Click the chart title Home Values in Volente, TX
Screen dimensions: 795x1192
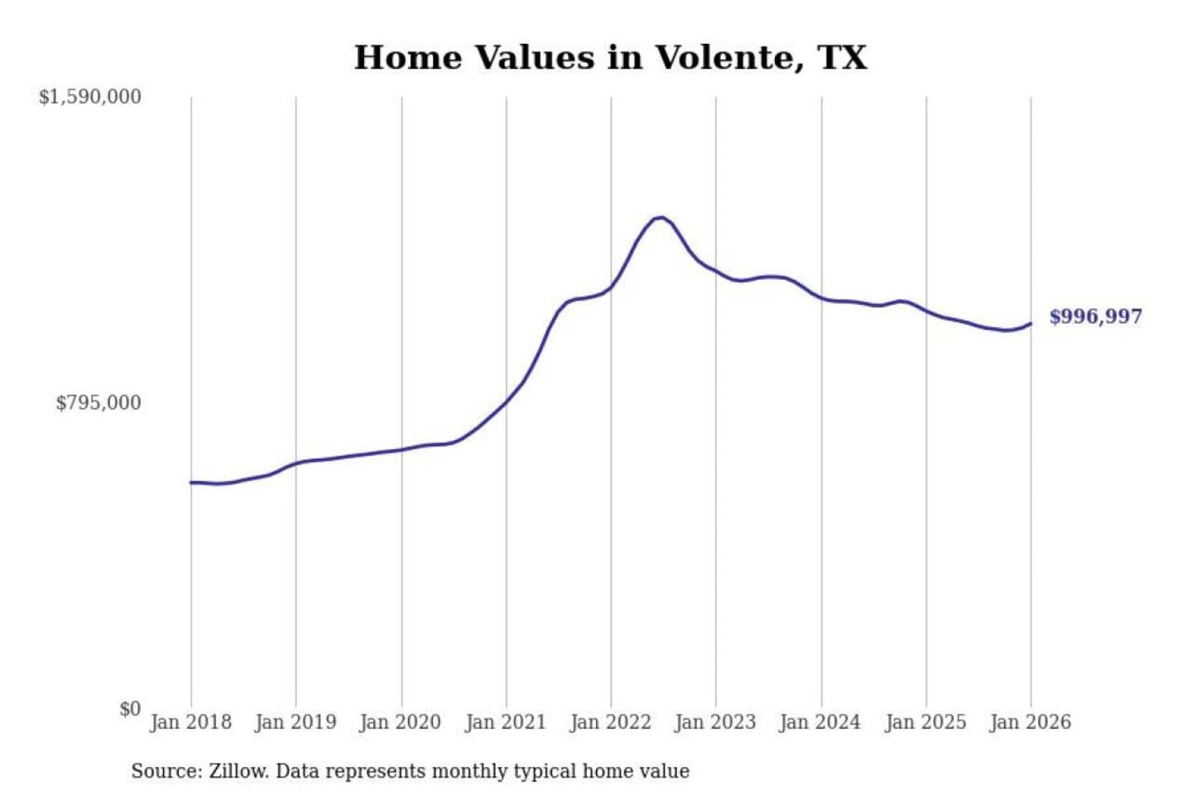610,58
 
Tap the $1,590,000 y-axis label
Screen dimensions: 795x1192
90,97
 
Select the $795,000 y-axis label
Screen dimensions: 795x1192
99,403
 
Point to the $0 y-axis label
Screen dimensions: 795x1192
130,709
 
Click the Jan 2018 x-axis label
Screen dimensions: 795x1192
190,722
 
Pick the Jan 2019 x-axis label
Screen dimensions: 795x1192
296,722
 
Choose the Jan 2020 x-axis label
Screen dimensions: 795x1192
401,722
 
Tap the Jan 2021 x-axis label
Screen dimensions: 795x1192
506,722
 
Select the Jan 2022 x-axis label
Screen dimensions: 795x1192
611,722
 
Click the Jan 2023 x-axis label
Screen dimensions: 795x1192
715,722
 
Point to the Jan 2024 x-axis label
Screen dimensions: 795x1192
820,722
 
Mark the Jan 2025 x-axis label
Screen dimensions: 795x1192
925,722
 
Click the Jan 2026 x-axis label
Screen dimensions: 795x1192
1031,722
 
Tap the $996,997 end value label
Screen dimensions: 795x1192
1095,316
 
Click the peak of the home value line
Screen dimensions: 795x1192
661,217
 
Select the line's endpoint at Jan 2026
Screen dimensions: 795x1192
1031,324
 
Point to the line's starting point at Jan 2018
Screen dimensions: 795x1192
191,482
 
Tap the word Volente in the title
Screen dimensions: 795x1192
728,58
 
